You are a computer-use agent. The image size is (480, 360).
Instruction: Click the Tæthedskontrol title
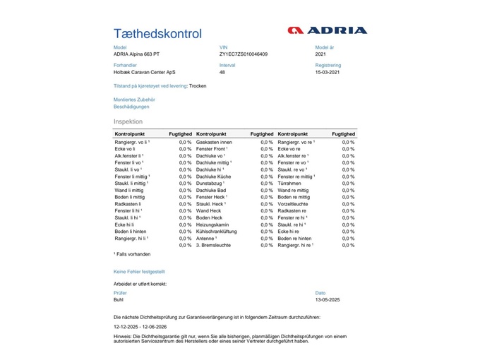click(157, 34)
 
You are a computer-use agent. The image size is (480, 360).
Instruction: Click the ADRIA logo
click(328, 30)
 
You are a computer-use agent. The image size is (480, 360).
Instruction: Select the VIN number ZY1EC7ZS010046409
click(244, 54)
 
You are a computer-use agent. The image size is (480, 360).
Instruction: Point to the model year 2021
click(321, 54)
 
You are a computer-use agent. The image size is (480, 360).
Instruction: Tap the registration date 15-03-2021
click(328, 72)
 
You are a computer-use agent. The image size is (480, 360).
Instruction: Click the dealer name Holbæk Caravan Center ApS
click(145, 72)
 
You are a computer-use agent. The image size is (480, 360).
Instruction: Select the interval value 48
click(222, 72)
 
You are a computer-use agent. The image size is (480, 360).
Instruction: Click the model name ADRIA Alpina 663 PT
click(138, 54)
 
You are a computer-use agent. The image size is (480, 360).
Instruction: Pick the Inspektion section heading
click(128, 121)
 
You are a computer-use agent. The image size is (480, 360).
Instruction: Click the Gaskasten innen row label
click(214, 142)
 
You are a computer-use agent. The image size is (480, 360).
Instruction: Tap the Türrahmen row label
click(290, 184)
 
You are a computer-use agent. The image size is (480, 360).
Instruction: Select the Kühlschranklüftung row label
click(217, 232)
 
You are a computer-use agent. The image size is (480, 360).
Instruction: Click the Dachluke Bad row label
click(211, 190)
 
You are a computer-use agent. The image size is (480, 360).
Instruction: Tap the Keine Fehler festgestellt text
click(139, 271)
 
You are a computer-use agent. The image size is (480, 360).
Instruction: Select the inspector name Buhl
click(119, 299)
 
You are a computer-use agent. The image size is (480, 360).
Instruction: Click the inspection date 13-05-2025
click(328, 299)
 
